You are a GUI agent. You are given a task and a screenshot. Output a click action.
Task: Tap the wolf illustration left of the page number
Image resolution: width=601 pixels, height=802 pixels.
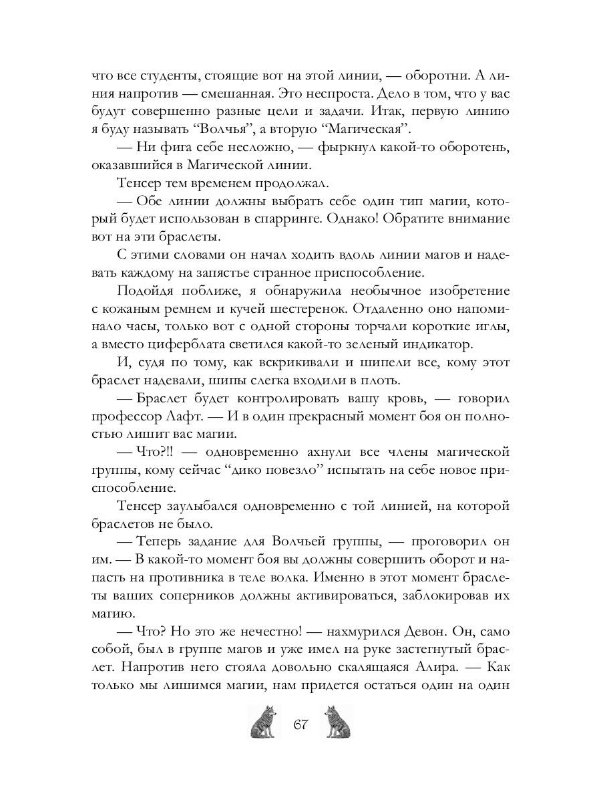point(262,722)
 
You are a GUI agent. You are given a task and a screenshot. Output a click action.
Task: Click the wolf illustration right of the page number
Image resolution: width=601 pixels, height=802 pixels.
point(338,722)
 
